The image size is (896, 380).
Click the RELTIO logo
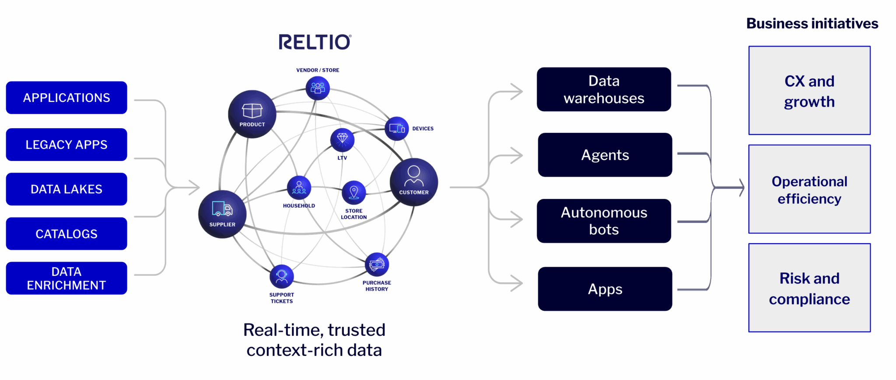(x=315, y=42)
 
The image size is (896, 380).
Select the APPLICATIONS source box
(x=66, y=98)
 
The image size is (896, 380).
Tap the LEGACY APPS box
(x=66, y=144)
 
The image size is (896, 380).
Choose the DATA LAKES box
(x=66, y=189)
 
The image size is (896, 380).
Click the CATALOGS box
(x=66, y=234)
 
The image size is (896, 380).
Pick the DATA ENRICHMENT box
(x=66, y=278)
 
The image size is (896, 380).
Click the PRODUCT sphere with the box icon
(x=252, y=114)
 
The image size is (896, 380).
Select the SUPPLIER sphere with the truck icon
(x=222, y=214)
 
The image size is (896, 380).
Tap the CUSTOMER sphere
(x=414, y=181)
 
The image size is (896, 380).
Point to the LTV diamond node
(x=342, y=140)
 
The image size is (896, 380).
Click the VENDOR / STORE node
(x=318, y=88)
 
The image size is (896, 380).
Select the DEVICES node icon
(x=397, y=129)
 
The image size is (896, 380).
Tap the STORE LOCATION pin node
(x=354, y=192)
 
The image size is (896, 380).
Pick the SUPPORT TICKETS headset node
(x=282, y=276)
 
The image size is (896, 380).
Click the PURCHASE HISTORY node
(x=377, y=265)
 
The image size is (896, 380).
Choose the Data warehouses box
(x=604, y=89)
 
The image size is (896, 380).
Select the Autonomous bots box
(x=604, y=221)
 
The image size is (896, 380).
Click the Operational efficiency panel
(x=809, y=189)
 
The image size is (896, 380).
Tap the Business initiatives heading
(x=812, y=23)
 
